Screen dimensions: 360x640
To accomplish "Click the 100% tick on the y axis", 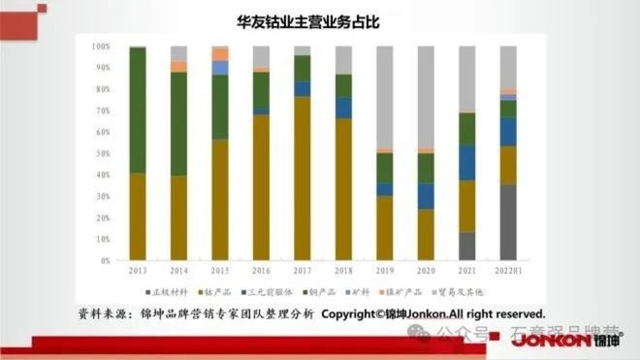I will point(101,46).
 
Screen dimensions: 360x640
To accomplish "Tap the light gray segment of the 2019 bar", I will point(385,97).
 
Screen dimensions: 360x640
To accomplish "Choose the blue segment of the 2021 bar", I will point(467,162).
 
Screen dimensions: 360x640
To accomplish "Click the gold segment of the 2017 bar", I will point(303,179).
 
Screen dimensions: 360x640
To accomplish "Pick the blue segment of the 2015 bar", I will point(220,68).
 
